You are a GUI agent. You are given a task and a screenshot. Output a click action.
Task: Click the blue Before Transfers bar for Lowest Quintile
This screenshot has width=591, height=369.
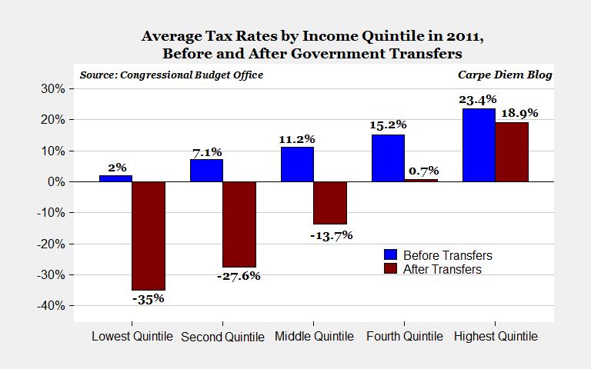[x=115, y=178]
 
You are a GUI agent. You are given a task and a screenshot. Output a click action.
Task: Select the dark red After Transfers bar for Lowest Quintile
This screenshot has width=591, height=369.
[x=149, y=235]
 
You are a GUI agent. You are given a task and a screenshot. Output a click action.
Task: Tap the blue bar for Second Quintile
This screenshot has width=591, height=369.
[x=206, y=171]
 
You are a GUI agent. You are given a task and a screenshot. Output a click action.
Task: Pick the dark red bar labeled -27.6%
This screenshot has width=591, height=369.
[x=239, y=224]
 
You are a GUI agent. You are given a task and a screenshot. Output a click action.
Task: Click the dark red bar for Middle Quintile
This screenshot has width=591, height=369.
[x=329, y=203]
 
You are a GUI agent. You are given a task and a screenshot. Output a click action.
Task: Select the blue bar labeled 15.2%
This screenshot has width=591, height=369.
[x=387, y=158]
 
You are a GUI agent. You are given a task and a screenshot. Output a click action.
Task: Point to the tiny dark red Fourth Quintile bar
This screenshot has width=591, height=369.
[x=420, y=181]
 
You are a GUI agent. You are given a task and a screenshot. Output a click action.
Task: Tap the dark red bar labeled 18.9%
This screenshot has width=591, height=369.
[x=511, y=152]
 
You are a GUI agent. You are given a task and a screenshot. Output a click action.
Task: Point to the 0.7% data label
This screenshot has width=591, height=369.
[x=422, y=171]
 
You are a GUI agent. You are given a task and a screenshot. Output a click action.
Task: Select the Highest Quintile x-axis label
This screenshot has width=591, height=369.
[x=495, y=337]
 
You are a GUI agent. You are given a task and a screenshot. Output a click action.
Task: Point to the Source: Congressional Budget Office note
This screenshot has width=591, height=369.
[x=171, y=75]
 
